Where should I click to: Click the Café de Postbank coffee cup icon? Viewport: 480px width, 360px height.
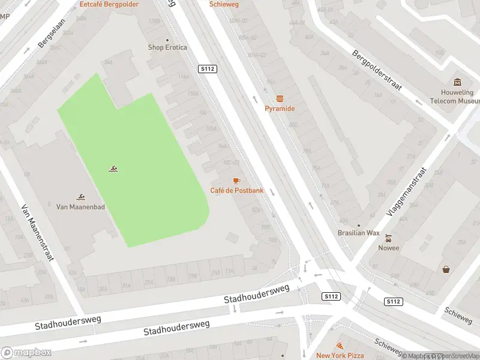[x=236, y=181]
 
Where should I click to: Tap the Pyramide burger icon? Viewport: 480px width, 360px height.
[x=280, y=98]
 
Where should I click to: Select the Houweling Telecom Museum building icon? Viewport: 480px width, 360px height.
[x=457, y=82]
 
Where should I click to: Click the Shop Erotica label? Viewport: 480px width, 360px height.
[x=167, y=47]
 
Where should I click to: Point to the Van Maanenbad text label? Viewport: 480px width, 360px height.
[x=80, y=206]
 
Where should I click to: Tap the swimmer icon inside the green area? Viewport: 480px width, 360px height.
[x=113, y=169]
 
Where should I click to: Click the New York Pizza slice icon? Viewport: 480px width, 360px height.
[x=340, y=346]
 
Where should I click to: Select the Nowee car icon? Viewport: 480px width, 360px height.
[x=388, y=238]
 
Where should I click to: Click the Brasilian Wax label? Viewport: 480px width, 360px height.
[x=358, y=233]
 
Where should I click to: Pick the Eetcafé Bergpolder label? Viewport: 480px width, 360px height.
[x=109, y=4]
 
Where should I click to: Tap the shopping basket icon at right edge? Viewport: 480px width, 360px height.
[x=446, y=269]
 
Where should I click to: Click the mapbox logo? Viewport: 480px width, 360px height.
[x=25, y=353]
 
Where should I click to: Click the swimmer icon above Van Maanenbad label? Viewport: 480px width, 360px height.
[x=80, y=197]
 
